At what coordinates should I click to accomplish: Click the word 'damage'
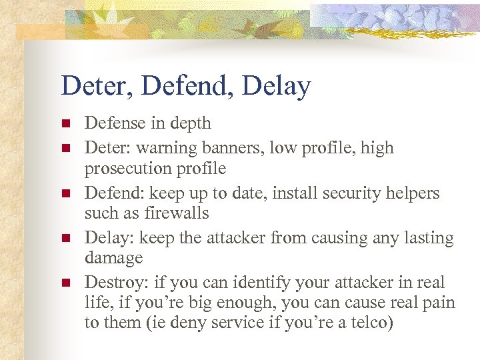[113, 258]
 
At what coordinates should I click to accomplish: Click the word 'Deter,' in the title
[93, 87]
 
